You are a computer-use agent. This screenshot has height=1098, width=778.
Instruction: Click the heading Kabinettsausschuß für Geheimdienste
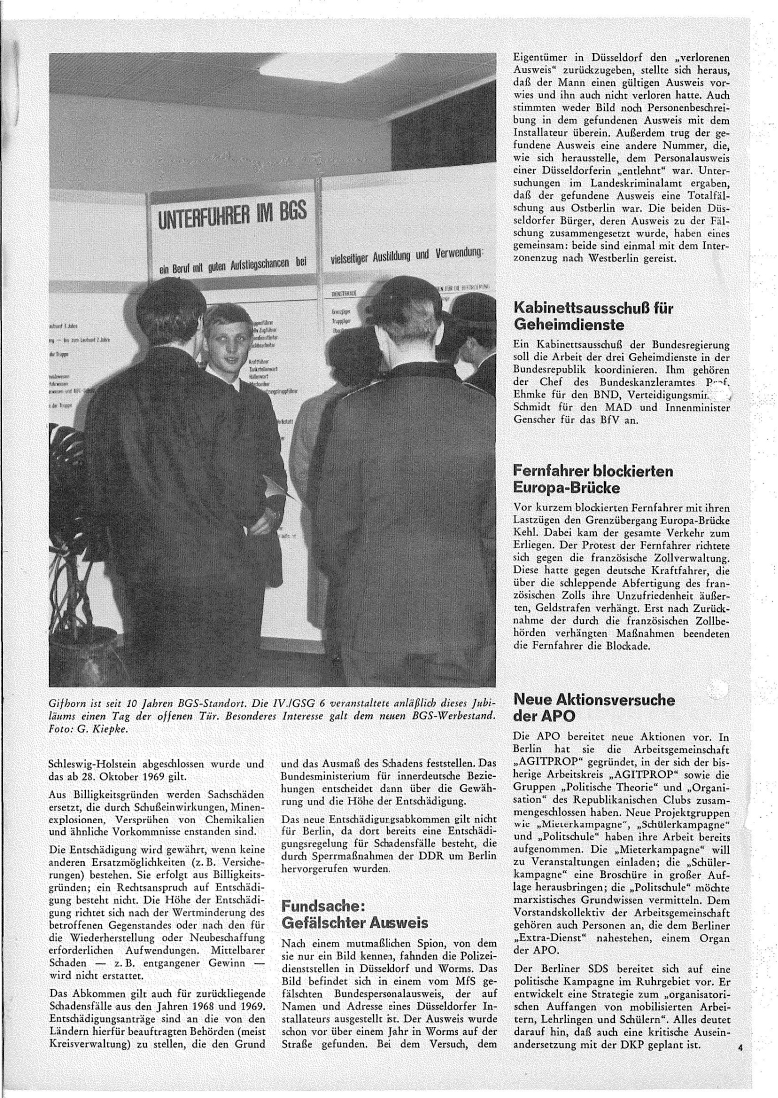click(593, 317)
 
